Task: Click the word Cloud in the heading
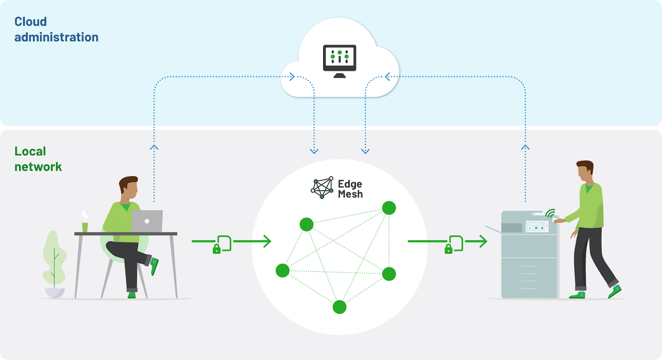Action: point(31,22)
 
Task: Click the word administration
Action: point(56,37)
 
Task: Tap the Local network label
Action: point(38,159)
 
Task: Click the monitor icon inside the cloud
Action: point(340,60)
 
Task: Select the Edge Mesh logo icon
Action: point(322,187)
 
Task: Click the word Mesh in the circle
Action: point(350,194)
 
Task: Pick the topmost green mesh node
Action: point(389,208)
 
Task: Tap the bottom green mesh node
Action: point(339,307)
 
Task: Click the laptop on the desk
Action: point(147,221)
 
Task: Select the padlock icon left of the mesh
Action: point(216,249)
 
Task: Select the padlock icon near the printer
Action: point(448,249)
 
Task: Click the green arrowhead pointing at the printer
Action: point(483,241)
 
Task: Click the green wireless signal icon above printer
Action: point(550,213)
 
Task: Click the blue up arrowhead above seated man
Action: point(154,147)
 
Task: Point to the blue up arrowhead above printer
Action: point(525,147)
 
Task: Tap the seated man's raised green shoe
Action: point(154,266)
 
